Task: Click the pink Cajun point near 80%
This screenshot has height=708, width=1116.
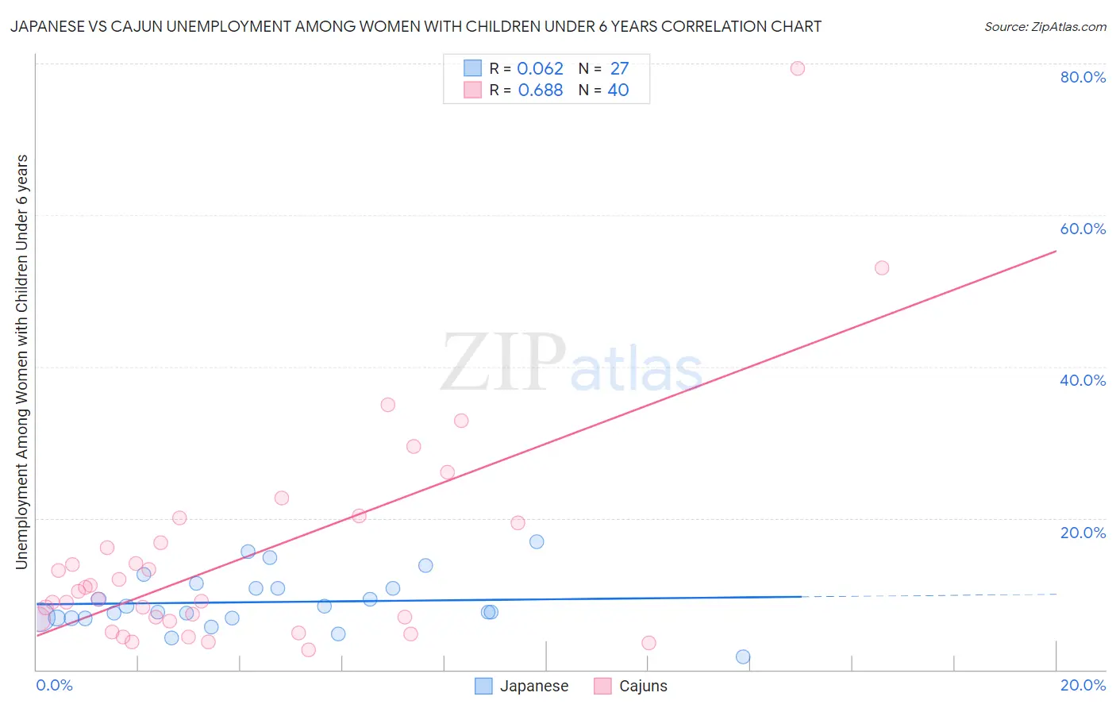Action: pyautogui.click(x=798, y=68)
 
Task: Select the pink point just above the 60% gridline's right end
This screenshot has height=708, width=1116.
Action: pyautogui.click(x=882, y=268)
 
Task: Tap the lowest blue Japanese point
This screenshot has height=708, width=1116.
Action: pyautogui.click(x=743, y=656)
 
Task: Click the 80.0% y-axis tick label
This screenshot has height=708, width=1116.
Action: pyautogui.click(x=1083, y=77)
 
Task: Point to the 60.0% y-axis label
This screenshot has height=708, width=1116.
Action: pyautogui.click(x=1083, y=229)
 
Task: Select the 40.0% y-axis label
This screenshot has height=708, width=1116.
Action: pyautogui.click(x=1083, y=380)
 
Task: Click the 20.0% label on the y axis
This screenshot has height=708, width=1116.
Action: pyautogui.click(x=1083, y=533)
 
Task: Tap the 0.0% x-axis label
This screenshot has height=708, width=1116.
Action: pyautogui.click(x=54, y=685)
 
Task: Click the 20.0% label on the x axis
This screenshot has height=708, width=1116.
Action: pyautogui.click(x=1083, y=685)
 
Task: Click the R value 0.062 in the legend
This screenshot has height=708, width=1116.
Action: pyautogui.click(x=540, y=68)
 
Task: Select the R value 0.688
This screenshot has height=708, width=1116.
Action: pyautogui.click(x=540, y=90)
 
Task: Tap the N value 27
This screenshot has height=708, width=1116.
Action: pyautogui.click(x=619, y=68)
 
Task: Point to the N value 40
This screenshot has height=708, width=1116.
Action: pyautogui.click(x=618, y=90)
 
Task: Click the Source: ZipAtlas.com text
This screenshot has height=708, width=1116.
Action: pyautogui.click(x=1045, y=26)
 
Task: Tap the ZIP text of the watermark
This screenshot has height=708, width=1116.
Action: pyautogui.click(x=502, y=363)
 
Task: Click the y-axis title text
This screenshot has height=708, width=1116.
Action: pyautogui.click(x=21, y=362)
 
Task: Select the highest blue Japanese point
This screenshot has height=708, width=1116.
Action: pyautogui.click(x=537, y=541)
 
